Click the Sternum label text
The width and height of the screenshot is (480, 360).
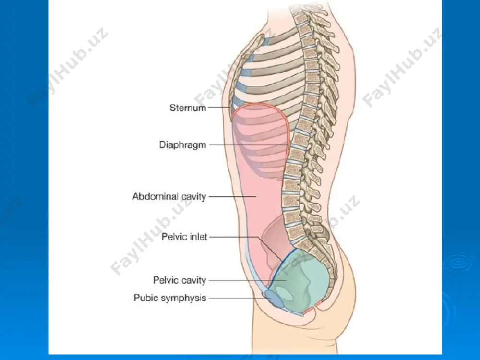(x=188, y=108)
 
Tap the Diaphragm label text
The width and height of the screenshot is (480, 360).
(x=182, y=145)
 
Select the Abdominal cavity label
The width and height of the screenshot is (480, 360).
(x=169, y=196)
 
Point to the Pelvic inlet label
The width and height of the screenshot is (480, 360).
(x=184, y=237)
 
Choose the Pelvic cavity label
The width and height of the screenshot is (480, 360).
(x=180, y=280)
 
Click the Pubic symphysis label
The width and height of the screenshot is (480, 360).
(x=170, y=298)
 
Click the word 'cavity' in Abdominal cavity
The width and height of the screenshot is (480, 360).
(x=194, y=196)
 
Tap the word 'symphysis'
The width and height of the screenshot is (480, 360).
(x=184, y=298)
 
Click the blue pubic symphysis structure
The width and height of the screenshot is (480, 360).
(x=274, y=299)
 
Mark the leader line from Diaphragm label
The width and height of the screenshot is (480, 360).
(x=249, y=144)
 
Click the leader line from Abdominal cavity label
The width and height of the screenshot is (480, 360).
(x=232, y=196)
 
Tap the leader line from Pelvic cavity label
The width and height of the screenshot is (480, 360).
(x=247, y=280)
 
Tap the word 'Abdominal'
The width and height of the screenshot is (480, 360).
(x=156, y=196)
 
